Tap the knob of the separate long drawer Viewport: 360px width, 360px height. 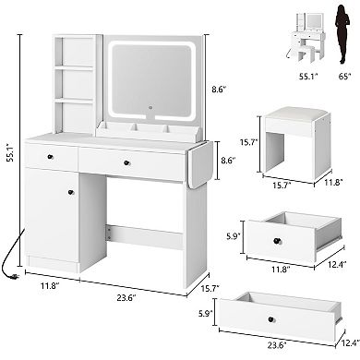pos(270,319)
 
